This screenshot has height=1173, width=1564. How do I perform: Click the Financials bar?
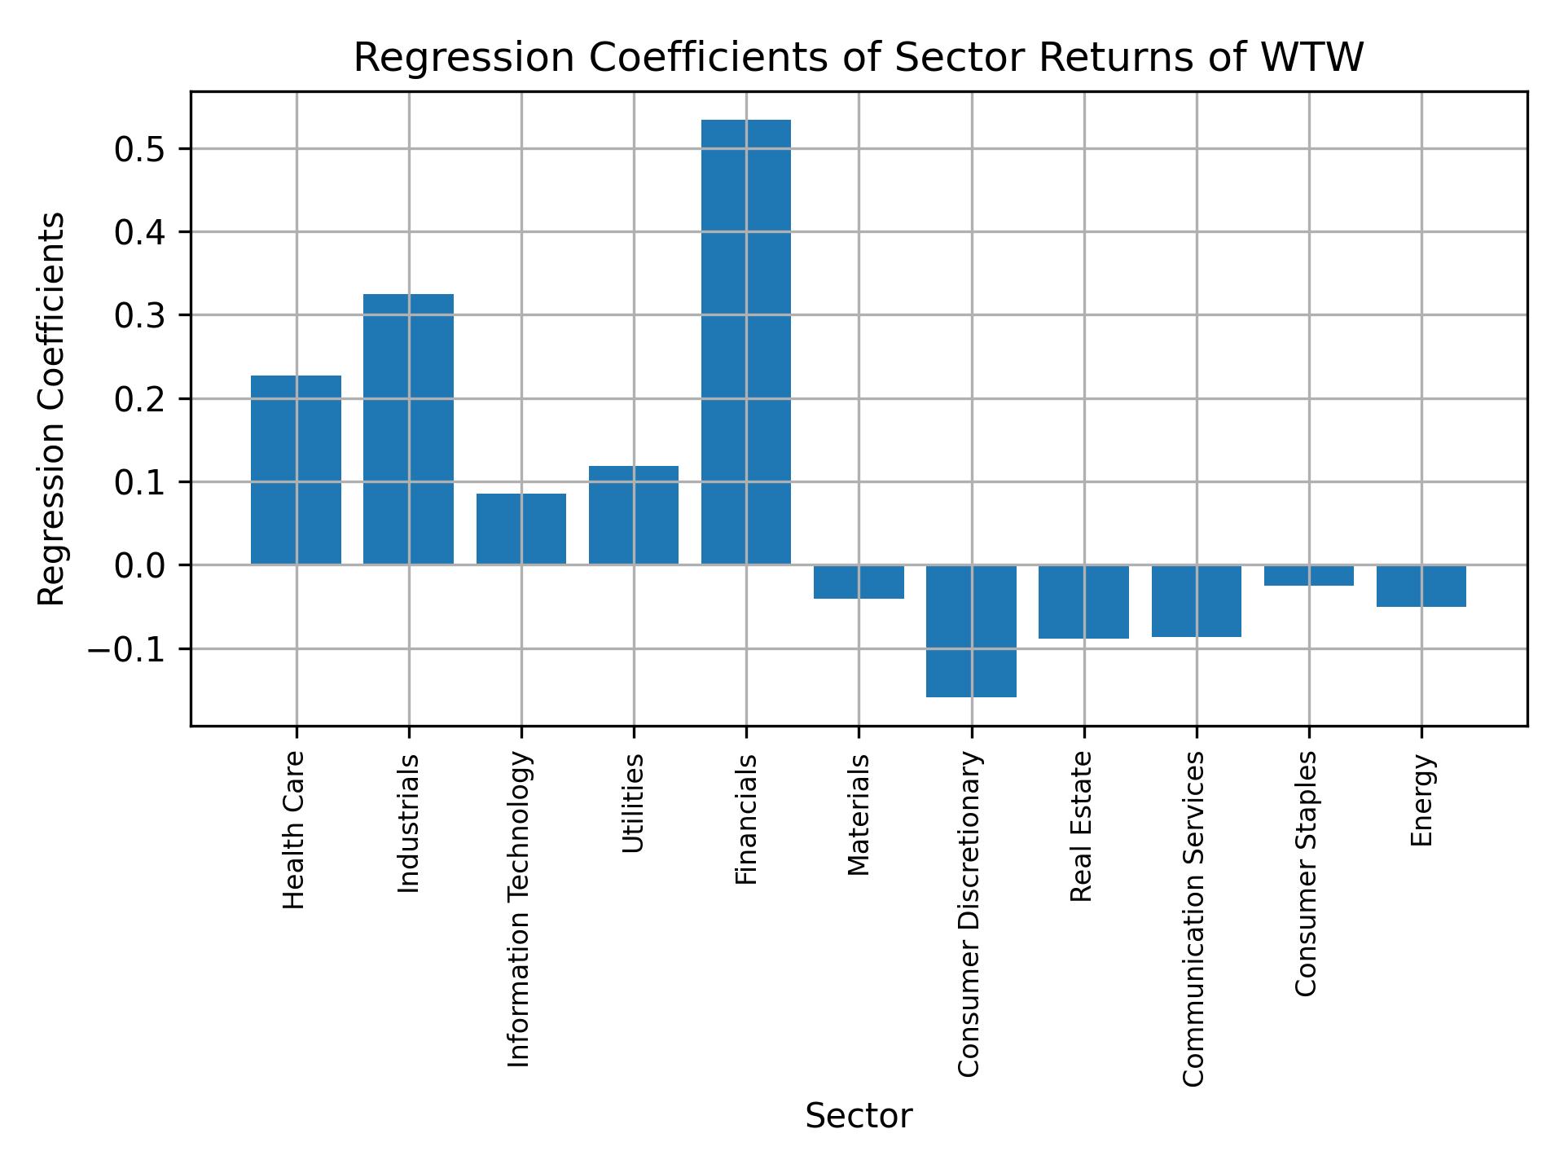pos(745,342)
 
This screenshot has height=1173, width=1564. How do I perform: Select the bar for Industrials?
pos(408,429)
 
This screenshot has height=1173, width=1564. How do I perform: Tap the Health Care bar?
pos(296,470)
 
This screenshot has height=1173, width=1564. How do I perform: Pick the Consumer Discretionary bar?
pos(971,631)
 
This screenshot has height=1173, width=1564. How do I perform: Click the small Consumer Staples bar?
pos(1308,576)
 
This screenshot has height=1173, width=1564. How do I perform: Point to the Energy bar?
pos(1421,586)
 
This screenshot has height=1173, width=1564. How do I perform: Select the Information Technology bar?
pos(521,529)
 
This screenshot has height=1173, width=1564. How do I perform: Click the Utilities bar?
pos(633,515)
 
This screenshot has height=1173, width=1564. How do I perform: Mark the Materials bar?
pos(859,582)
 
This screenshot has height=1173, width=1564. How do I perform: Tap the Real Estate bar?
pos(1083,601)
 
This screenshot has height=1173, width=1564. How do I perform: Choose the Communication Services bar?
pos(1196,600)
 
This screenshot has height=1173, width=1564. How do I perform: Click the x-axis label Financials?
pos(746,819)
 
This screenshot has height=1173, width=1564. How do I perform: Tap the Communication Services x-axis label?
pos(1193,918)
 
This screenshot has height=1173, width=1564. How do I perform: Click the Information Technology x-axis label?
pos(520,909)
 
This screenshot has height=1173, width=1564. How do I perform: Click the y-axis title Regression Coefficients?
pos(52,409)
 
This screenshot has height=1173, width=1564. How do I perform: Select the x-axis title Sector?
pos(859,1117)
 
